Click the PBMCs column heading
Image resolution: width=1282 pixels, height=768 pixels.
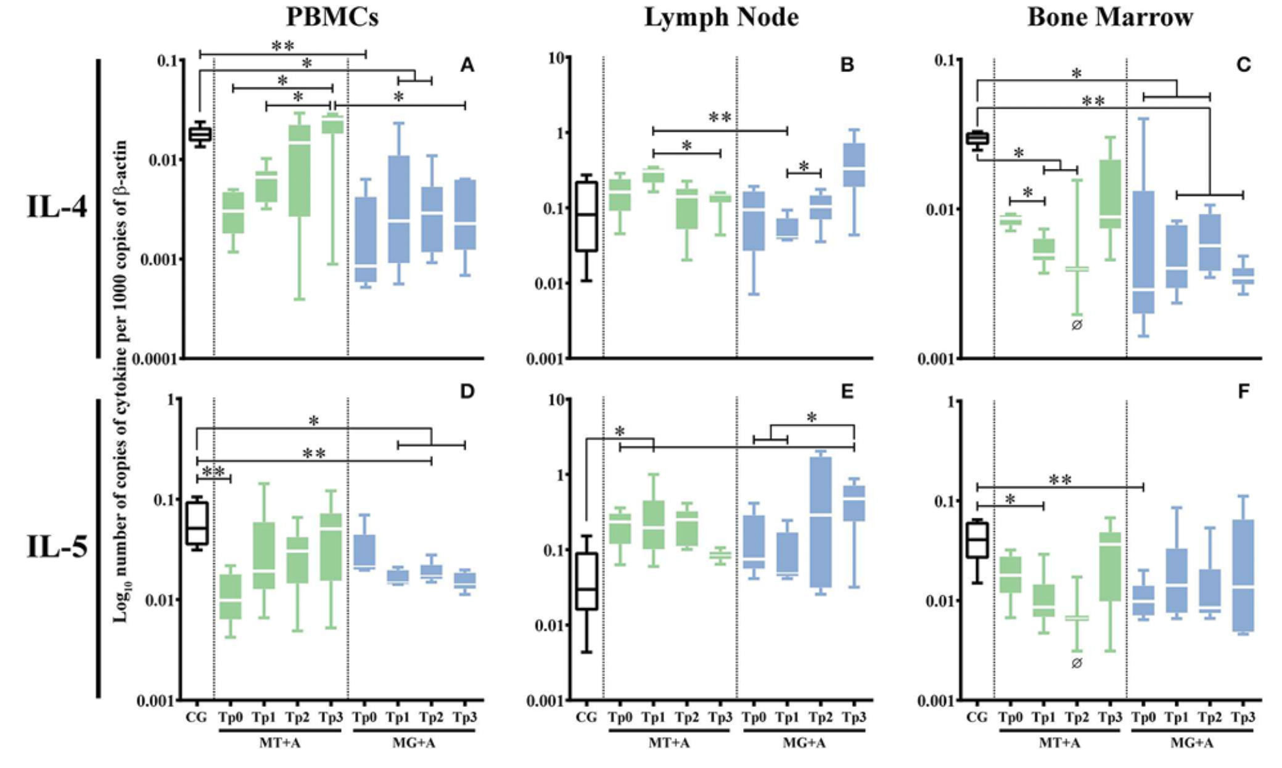(332, 17)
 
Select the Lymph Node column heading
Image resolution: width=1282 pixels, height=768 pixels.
(721, 17)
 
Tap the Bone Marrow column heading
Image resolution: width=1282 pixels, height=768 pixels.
(1110, 17)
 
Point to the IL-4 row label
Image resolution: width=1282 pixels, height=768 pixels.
(57, 206)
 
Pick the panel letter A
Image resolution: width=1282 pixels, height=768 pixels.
(467, 65)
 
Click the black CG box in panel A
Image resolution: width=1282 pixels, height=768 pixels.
(200, 134)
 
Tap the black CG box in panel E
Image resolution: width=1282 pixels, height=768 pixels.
(586, 581)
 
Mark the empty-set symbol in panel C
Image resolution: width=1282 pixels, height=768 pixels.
(1077, 325)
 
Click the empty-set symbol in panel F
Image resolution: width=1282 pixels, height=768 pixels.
(1077, 663)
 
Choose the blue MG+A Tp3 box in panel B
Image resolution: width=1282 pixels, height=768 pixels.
(854, 165)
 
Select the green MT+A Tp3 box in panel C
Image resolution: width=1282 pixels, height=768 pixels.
(1110, 194)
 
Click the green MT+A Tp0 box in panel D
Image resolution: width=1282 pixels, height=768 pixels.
(231, 597)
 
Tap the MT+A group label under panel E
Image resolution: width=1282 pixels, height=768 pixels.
(668, 743)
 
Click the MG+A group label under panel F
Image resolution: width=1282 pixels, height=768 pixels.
(1191, 743)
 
